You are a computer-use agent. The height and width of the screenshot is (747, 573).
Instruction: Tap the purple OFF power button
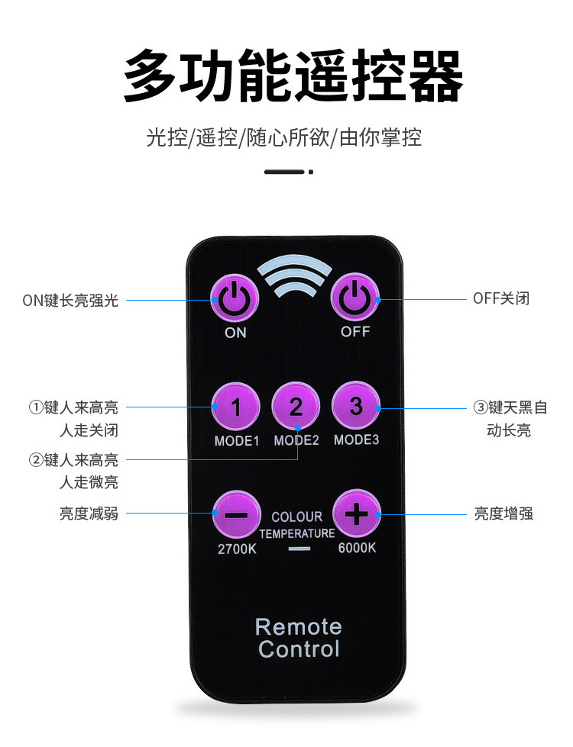354,298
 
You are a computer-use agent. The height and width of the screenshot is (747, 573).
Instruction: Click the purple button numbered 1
236,407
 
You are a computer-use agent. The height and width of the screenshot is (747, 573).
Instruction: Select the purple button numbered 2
296,407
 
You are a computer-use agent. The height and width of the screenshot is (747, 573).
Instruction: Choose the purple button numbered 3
356,407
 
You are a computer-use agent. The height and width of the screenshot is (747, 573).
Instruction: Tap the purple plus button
356,514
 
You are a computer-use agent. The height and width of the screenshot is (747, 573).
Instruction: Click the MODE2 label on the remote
296,440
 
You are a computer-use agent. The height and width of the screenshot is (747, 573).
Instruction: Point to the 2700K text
237,548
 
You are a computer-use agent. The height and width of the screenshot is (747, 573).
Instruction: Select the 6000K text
357,548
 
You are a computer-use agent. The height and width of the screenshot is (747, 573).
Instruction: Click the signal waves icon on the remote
296,279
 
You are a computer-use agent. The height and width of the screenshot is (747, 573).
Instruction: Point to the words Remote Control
298,638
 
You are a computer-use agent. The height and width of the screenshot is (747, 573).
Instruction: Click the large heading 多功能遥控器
293,77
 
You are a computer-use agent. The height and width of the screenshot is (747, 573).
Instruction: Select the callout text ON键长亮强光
70,300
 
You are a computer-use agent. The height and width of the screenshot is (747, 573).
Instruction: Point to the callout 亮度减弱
89,514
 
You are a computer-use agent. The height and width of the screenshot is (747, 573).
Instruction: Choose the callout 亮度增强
503,514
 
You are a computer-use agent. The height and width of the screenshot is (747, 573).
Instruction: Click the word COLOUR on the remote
297,517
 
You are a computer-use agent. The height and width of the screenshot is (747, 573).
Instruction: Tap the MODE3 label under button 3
356,440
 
